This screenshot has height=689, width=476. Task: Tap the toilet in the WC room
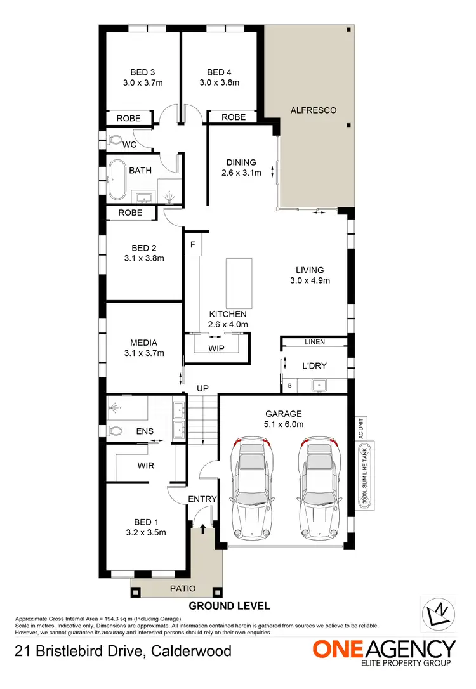(x=115, y=140)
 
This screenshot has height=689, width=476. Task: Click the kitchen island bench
(x=238, y=282)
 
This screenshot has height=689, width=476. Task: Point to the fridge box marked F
(x=192, y=244)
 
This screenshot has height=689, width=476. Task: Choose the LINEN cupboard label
(x=314, y=343)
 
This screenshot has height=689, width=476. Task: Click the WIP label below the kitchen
(x=216, y=348)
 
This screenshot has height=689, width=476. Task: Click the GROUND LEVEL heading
(x=229, y=606)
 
